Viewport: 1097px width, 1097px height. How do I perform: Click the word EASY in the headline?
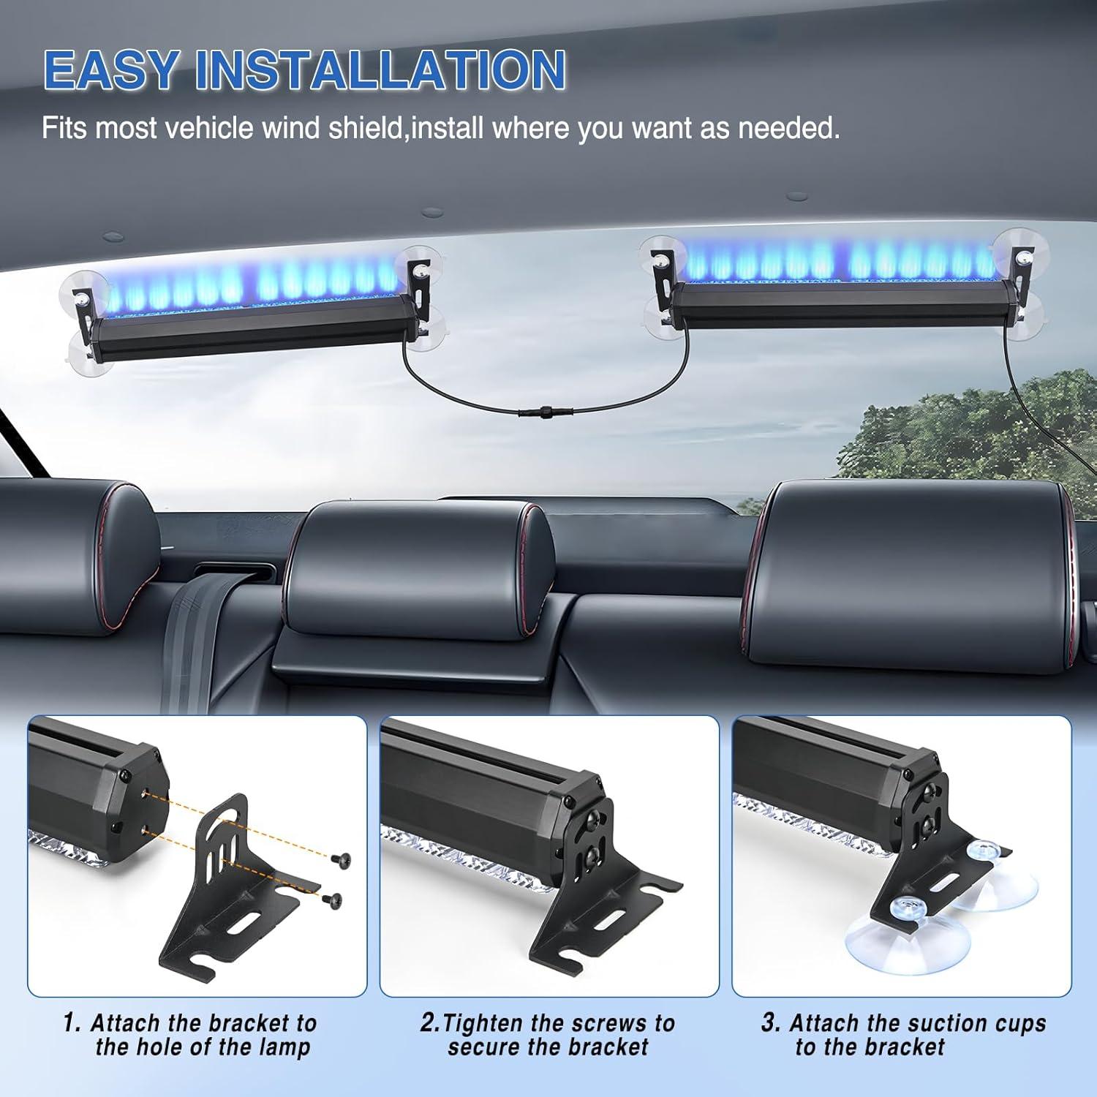pyautogui.click(x=111, y=70)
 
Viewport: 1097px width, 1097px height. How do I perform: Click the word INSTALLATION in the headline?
pyautogui.click(x=380, y=70)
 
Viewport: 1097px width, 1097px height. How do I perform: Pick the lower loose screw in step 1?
pyautogui.click(x=334, y=899)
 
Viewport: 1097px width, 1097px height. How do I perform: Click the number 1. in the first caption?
pyautogui.click(x=72, y=1022)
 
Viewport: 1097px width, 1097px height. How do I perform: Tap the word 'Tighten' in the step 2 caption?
pyautogui.click(x=483, y=1022)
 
